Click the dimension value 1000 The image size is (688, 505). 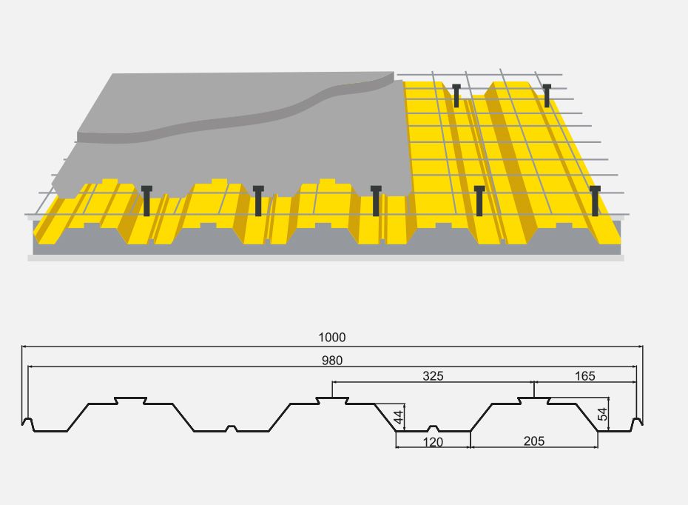click(x=331, y=337)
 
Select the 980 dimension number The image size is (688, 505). click(x=331, y=361)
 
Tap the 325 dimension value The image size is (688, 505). click(x=433, y=376)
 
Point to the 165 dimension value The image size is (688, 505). click(x=584, y=376)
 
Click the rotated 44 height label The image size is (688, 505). click(x=399, y=417)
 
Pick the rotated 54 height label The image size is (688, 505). click(x=603, y=414)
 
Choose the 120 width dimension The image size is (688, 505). click(x=433, y=442)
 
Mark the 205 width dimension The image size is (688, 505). click(x=533, y=441)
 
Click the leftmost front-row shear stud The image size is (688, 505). click(x=146, y=201)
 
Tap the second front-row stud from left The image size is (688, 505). click(x=258, y=201)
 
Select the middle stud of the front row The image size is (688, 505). click(x=376, y=201)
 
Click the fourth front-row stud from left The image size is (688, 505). click(x=479, y=201)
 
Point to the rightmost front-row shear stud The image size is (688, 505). click(x=595, y=201)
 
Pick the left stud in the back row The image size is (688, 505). click(x=456, y=96)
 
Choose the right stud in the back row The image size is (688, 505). click(x=547, y=96)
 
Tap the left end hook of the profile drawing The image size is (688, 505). click(x=27, y=424)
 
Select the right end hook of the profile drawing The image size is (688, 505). click(x=637, y=424)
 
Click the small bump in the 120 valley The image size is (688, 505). click(x=433, y=428)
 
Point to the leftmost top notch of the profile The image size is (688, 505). click(x=130, y=401)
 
